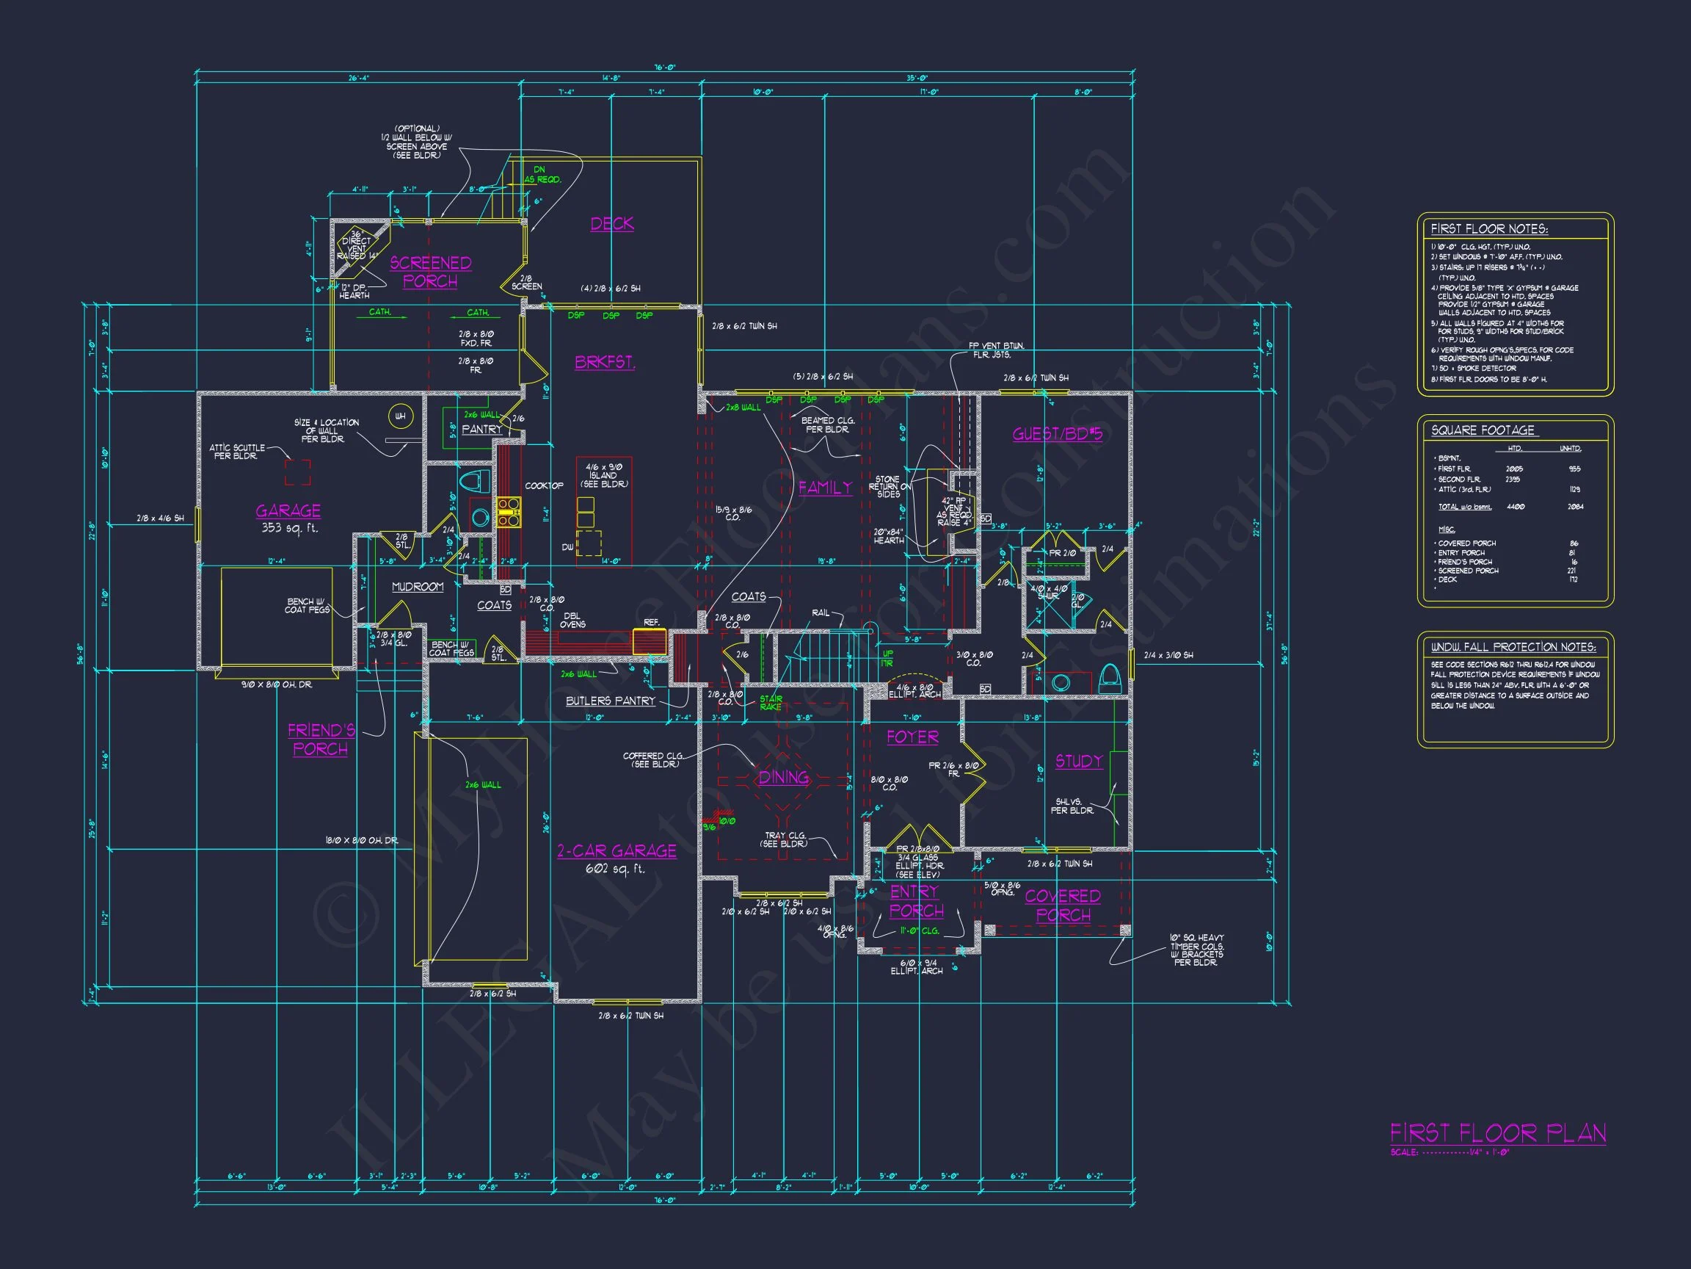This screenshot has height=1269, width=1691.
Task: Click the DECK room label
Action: coord(611,223)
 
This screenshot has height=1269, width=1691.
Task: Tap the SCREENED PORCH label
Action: coord(430,272)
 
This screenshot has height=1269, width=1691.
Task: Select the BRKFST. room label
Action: coord(605,362)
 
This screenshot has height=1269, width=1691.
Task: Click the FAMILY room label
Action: coord(825,487)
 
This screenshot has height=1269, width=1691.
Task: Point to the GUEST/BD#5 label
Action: coord(1058,435)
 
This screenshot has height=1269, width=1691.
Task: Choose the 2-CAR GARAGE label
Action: coord(617,850)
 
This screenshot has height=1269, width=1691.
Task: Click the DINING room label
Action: coord(784,777)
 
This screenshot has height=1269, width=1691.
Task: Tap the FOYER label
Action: coord(912,737)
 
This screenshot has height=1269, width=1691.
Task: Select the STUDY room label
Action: coord(1079,761)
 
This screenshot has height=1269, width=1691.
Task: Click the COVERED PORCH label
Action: coord(1063,905)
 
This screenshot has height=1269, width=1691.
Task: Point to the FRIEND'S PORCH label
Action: coord(321,740)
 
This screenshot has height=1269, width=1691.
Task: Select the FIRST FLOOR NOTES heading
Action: coord(1488,228)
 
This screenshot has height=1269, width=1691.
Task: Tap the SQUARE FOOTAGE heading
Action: coord(1483,430)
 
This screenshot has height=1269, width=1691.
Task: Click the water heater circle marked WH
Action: coord(400,417)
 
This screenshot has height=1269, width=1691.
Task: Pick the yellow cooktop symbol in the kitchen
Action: coord(509,512)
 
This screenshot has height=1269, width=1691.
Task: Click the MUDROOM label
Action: coord(418,587)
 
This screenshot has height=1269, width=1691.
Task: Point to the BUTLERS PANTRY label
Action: coord(610,701)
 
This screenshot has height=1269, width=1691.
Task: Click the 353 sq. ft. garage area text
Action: coord(289,528)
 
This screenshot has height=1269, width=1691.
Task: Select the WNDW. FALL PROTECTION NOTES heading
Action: coord(1513,647)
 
